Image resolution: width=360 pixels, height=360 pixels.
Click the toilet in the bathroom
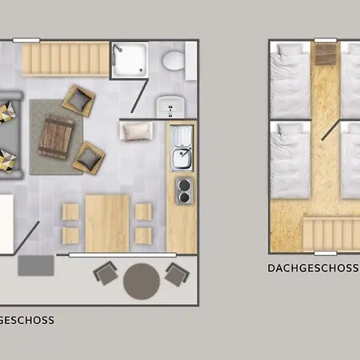click(x=174, y=61)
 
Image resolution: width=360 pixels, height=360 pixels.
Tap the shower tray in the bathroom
click(x=130, y=60)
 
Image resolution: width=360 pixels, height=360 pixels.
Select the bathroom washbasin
click(x=170, y=106)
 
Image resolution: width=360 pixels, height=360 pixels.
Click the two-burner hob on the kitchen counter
click(x=184, y=191)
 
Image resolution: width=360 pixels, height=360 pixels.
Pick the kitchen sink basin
click(x=182, y=158)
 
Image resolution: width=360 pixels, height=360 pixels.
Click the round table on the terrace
click(x=142, y=282)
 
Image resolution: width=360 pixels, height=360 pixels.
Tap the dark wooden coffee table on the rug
click(x=56, y=138)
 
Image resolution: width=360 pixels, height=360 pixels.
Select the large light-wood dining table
click(x=107, y=223)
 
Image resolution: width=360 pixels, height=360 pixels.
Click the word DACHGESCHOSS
click(x=313, y=268)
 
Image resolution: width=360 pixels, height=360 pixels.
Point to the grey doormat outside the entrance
click(x=36, y=266)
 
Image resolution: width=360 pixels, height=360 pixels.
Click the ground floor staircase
click(x=66, y=60)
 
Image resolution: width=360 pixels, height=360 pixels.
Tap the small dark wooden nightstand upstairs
click(x=326, y=54)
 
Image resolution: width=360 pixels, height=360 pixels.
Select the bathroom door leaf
click(x=139, y=96)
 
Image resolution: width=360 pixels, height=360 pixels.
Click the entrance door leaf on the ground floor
click(x=26, y=238)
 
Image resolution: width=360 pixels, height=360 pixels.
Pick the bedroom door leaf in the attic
click(x=330, y=130)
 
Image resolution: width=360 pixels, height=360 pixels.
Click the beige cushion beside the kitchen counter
click(x=137, y=131)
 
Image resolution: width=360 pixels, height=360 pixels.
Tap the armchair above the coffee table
click(x=78, y=101)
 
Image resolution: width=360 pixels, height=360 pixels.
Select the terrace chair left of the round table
click(x=106, y=273)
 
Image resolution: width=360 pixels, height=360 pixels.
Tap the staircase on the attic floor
click(x=331, y=234)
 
